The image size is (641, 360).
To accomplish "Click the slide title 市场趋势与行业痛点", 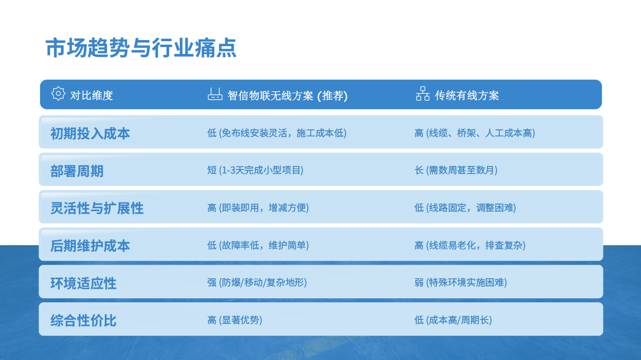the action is click(x=141, y=48).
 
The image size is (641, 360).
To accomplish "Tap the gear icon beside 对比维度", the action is click(x=58, y=93).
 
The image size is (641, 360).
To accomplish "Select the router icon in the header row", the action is click(x=215, y=94).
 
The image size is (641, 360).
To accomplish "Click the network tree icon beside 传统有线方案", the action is click(x=423, y=94).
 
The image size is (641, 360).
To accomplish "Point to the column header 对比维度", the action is click(x=92, y=95).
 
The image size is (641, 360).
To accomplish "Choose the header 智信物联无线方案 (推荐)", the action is click(x=287, y=96).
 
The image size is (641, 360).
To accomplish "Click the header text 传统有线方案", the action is click(x=467, y=96).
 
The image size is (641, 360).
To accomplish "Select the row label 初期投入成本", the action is click(x=90, y=134).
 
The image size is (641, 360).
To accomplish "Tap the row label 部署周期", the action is click(x=77, y=171).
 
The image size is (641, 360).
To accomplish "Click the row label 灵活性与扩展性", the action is click(x=97, y=208).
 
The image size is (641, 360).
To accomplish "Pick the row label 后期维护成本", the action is click(x=90, y=246).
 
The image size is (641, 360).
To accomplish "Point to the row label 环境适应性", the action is click(x=84, y=283).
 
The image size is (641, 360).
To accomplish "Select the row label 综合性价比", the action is click(x=84, y=320).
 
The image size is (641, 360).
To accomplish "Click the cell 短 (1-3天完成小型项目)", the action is click(x=255, y=170).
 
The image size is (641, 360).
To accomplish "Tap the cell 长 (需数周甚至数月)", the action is click(x=456, y=170).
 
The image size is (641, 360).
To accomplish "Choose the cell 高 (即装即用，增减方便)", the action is click(x=258, y=208).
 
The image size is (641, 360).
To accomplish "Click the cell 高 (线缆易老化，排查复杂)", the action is click(x=470, y=245).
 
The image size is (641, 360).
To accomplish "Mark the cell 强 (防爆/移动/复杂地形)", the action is click(x=257, y=283).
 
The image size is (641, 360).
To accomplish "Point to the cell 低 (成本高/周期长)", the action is click(x=453, y=320).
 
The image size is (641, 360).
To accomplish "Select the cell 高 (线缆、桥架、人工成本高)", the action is click(x=475, y=133).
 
